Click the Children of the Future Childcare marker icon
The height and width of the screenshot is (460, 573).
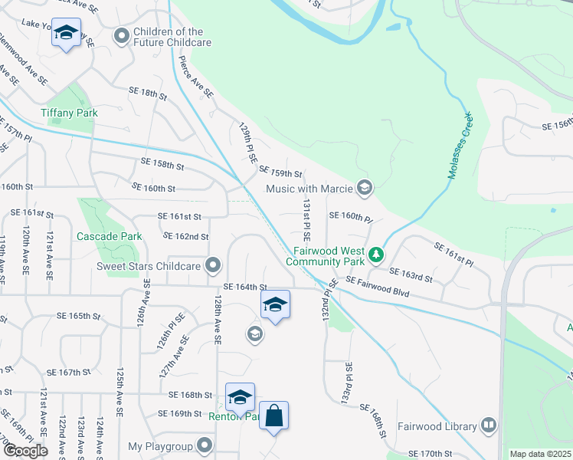point(121,36)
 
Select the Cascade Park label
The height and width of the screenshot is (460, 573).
point(109,236)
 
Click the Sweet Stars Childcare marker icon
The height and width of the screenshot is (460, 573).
point(214,266)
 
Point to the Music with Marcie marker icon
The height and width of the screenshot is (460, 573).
point(365,188)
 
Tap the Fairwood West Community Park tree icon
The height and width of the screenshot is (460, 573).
point(375,254)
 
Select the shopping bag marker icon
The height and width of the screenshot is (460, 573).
point(274,416)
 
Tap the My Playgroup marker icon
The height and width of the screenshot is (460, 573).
point(205,445)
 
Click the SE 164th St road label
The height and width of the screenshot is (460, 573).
point(244,287)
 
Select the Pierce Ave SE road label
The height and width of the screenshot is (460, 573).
point(196,76)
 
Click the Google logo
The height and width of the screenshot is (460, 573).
point(25,451)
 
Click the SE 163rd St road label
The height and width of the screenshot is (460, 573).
point(411,271)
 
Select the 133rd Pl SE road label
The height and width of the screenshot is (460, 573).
point(346,384)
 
